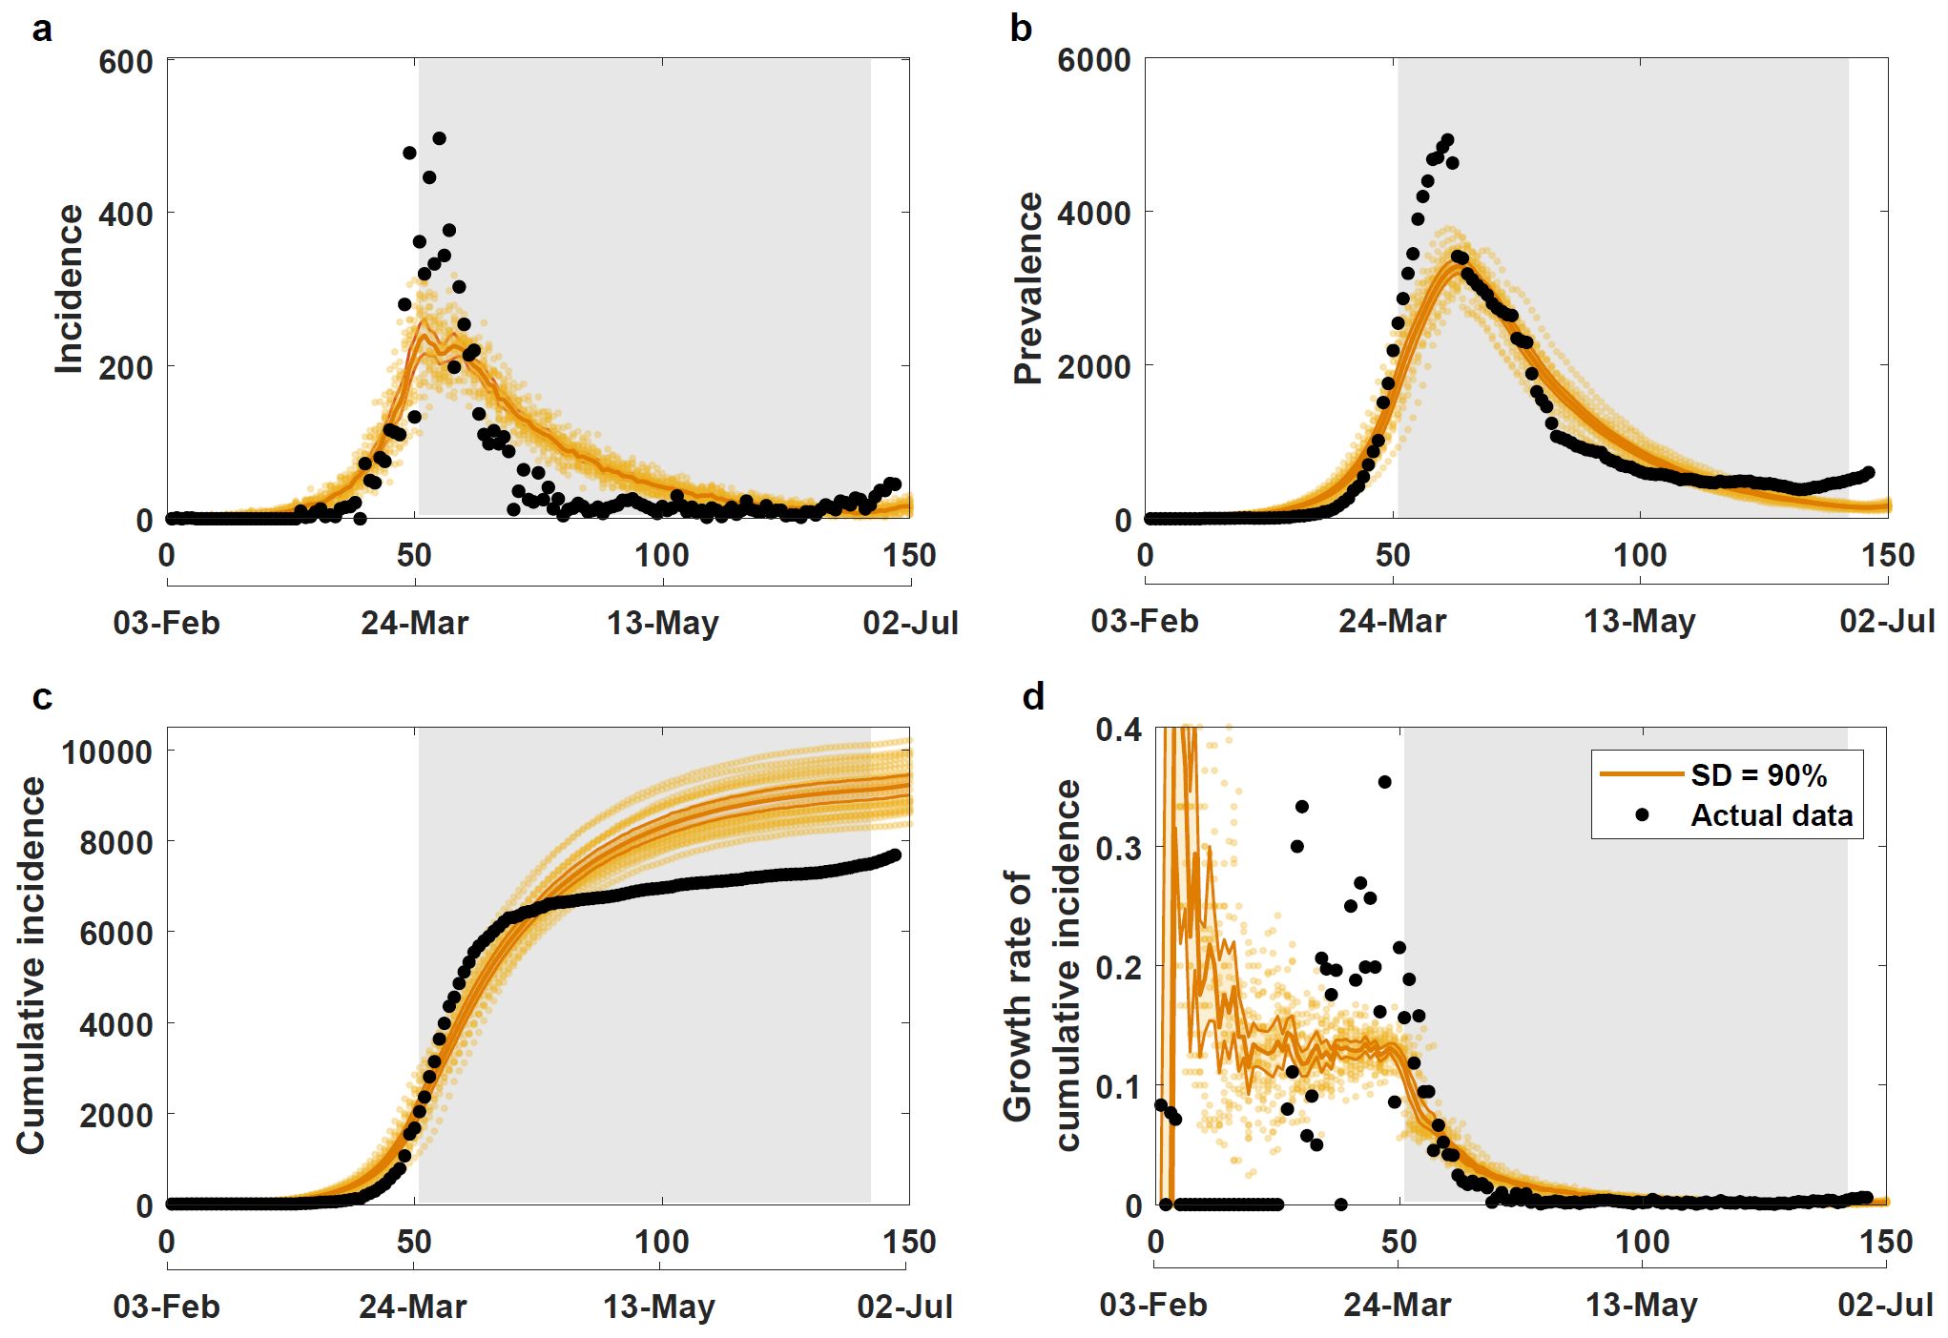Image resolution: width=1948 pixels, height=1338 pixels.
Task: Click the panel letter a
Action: [42, 31]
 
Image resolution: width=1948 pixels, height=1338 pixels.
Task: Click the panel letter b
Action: [1021, 30]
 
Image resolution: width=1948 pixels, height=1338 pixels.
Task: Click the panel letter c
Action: [42, 698]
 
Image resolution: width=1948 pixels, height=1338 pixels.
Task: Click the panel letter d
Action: [1033, 697]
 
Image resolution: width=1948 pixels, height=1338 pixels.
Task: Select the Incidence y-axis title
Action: [70, 289]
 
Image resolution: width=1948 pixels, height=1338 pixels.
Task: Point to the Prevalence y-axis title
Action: [1028, 288]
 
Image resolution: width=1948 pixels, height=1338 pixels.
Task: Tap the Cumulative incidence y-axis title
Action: [31, 965]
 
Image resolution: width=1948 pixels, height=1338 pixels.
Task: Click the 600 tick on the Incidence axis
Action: [125, 62]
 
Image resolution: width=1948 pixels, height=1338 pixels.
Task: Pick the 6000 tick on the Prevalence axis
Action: [1093, 60]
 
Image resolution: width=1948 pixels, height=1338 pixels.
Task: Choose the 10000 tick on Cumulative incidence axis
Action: [107, 752]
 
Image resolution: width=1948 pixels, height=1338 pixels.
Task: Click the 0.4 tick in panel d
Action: [1118, 731]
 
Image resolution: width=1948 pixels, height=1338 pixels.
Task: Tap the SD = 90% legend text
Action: [1758, 775]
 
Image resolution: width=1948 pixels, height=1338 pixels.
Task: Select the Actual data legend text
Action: [1772, 815]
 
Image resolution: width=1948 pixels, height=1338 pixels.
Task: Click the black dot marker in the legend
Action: [1642, 815]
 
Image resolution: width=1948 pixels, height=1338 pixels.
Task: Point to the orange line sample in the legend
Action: [1641, 774]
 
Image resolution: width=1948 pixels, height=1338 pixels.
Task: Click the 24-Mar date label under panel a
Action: [414, 624]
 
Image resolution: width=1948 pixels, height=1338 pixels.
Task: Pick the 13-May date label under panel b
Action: [1639, 622]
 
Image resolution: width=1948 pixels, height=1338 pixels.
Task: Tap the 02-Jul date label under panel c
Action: [904, 1307]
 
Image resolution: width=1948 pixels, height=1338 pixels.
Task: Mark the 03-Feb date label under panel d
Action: [1152, 1305]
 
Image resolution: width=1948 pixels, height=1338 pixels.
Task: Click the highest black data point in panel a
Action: [439, 138]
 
